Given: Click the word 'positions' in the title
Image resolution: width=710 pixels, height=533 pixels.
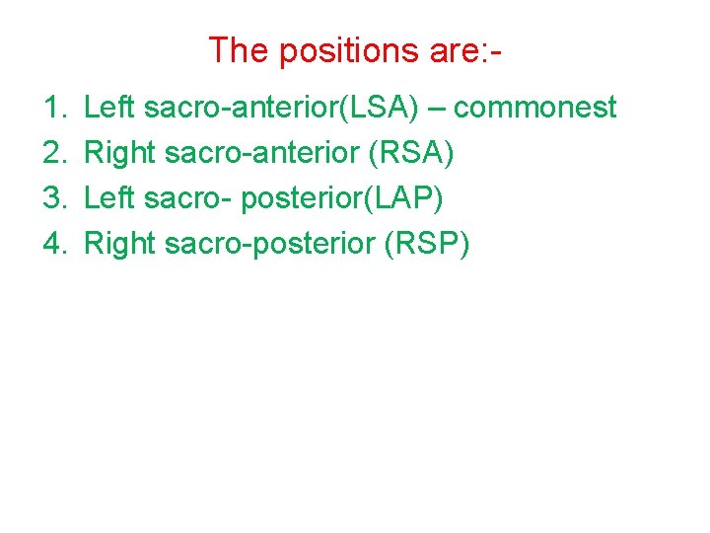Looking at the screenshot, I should pyautogui.click(x=350, y=50).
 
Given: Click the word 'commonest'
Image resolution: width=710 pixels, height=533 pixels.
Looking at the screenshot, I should pyautogui.click(x=535, y=107).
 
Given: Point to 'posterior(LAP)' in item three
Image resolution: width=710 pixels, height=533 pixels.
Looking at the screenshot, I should pyautogui.click(x=342, y=197).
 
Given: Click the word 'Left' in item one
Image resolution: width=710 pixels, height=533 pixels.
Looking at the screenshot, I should pyautogui.click(x=109, y=107).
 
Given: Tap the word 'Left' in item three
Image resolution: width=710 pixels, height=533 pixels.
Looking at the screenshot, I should pyautogui.click(x=109, y=197).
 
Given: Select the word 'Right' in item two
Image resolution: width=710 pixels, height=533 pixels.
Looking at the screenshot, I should pyautogui.click(x=120, y=152).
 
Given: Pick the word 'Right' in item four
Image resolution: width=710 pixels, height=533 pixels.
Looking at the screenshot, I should pyautogui.click(x=120, y=243).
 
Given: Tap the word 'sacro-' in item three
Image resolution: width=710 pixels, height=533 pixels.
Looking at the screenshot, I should pyautogui.click(x=186, y=197).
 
